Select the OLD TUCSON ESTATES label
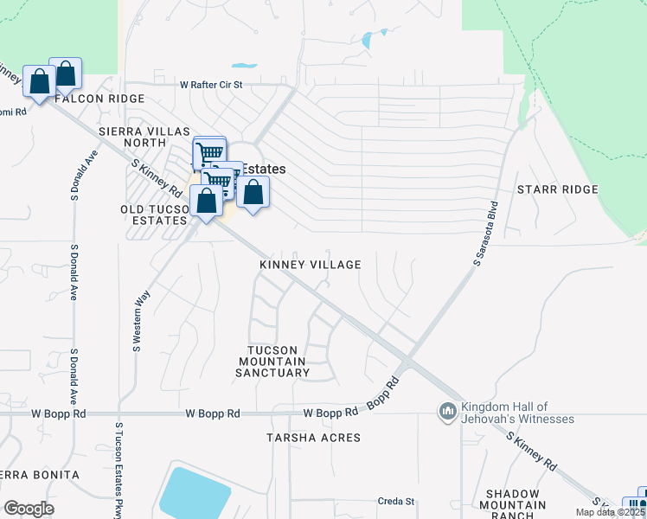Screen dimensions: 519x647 154,215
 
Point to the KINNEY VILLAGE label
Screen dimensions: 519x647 311,265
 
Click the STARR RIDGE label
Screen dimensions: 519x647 557,189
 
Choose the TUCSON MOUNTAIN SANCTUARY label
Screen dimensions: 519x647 272,361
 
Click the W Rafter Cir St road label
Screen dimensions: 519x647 212,85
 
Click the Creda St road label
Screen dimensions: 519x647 396,501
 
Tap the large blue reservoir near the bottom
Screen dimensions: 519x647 194,493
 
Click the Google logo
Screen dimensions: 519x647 29,509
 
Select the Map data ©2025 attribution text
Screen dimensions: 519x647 610,512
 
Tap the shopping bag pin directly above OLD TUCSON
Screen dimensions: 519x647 207,202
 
